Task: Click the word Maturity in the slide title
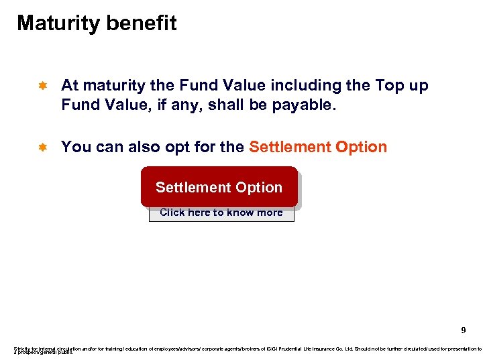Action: pyautogui.click(x=56, y=24)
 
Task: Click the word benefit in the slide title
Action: pyautogui.click(x=140, y=23)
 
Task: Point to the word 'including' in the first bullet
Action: pyautogui.click(x=302, y=86)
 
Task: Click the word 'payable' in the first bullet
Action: pyautogui.click(x=306, y=105)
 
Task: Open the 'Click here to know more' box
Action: pyautogui.click(x=221, y=213)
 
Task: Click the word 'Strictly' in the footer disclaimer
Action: pyautogui.click(x=21, y=349)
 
